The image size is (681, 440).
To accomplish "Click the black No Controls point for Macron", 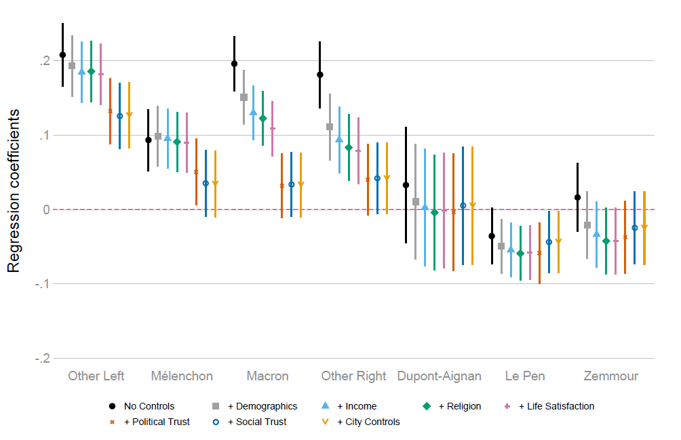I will (234, 64).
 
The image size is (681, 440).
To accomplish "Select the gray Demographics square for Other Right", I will (330, 127).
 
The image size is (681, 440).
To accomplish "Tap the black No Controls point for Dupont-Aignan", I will (406, 185).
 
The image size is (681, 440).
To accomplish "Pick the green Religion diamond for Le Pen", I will (520, 254).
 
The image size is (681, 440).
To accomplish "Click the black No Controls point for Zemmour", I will (577, 197).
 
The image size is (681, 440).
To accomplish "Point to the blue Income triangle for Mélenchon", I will (168, 138).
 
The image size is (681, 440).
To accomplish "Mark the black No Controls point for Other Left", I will (62, 55).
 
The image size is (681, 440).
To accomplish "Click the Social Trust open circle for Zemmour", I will (635, 228).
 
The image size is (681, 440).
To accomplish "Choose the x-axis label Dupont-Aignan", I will (440, 376).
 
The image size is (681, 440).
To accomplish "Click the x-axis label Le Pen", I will (525, 376).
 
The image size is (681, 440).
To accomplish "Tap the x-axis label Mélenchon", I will (182, 376).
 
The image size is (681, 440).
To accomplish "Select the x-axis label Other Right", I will (353, 376).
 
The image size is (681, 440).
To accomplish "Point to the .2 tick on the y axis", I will (45, 61).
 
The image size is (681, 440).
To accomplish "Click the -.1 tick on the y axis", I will (43, 284).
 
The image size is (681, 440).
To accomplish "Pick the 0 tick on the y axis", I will (47, 209).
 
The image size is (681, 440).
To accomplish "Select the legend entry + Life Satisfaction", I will (556, 407).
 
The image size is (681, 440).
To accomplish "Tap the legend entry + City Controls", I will (368, 422).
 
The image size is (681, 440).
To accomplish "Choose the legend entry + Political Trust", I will (157, 422).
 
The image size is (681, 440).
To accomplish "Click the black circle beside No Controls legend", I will (112, 407).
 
